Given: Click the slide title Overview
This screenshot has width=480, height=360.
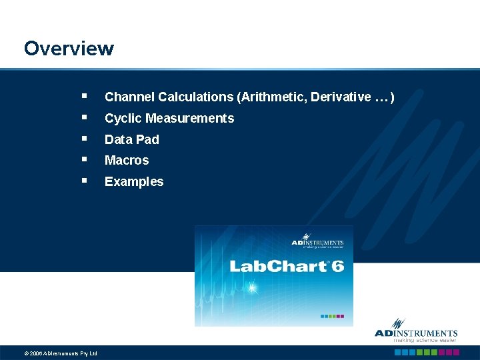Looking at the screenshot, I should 69,49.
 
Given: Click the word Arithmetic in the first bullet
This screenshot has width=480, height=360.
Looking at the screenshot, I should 269,97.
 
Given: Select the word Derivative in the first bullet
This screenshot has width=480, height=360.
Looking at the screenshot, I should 339,97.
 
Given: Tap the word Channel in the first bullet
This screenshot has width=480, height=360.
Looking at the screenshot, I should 129,97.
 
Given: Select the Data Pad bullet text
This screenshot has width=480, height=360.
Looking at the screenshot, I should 132,139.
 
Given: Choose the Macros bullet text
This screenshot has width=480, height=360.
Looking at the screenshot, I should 127,161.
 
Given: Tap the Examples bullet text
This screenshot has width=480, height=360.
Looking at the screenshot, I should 134,181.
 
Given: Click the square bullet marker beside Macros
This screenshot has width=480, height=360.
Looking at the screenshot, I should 84,159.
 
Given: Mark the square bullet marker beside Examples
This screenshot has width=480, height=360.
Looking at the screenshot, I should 84,181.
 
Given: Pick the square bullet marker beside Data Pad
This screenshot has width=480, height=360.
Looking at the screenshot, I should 84,138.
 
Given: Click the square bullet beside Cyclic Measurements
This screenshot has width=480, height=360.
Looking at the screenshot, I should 84,117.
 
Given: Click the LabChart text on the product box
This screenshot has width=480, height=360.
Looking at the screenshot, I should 277,267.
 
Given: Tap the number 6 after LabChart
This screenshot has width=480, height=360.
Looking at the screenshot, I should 337,266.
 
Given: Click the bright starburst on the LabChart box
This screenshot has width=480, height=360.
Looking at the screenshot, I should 252,289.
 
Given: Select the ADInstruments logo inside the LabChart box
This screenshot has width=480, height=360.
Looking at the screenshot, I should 317,243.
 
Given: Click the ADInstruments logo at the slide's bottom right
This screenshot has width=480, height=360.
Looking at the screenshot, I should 416,334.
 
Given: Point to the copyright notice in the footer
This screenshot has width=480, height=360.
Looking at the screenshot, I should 61,353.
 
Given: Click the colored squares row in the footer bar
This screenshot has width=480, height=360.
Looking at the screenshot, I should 425,353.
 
